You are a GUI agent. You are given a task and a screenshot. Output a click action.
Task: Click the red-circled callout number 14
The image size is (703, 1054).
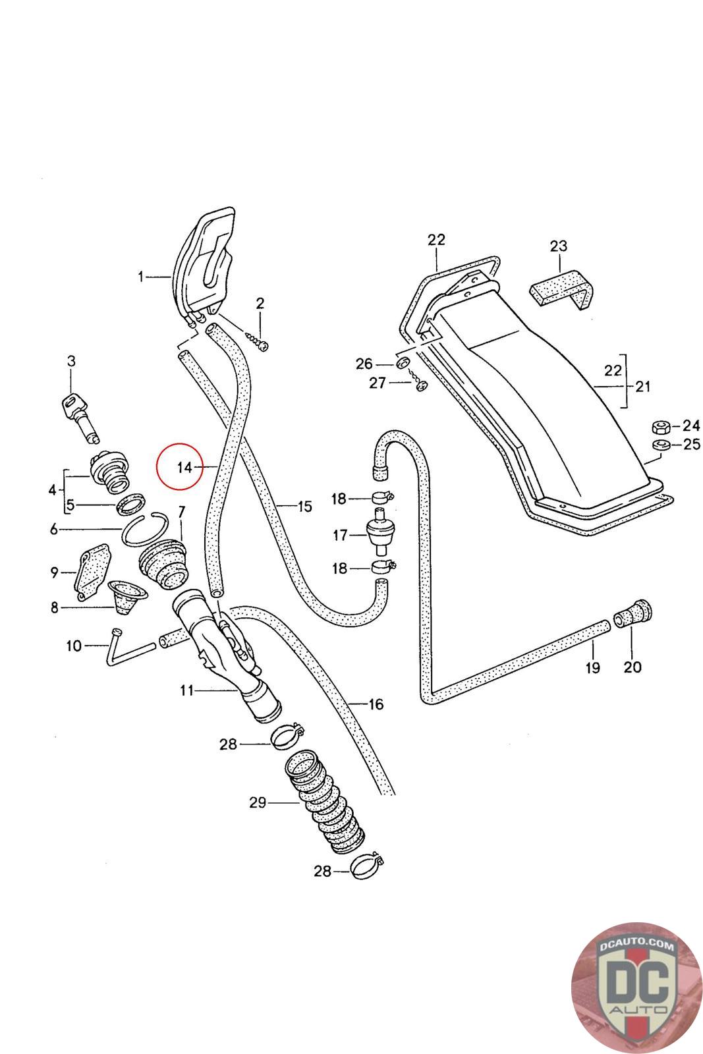184,467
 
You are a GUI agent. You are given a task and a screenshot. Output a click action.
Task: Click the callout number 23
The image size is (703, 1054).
558,246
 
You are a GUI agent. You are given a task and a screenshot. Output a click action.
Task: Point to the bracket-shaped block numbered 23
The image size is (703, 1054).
563,289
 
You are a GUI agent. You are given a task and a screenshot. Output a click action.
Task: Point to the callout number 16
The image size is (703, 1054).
376,705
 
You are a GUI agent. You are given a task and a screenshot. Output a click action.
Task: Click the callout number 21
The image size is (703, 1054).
642,386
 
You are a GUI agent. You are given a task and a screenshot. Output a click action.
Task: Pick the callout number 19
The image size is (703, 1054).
592,668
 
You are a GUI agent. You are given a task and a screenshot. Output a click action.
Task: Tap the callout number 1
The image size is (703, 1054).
140,277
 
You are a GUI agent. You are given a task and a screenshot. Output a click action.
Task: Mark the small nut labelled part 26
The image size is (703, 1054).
403,364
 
